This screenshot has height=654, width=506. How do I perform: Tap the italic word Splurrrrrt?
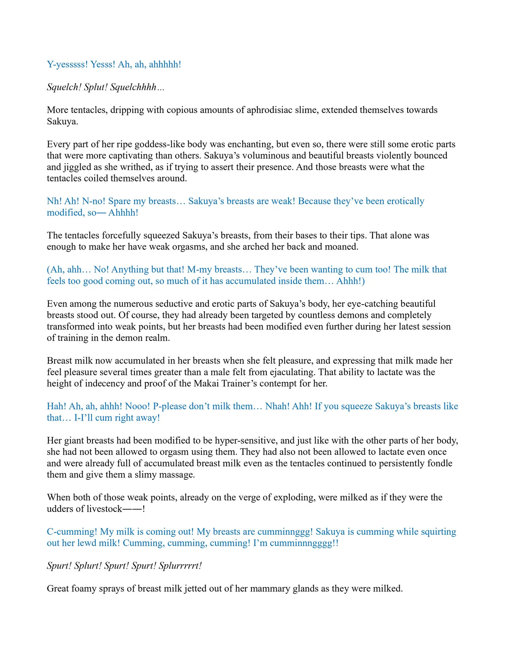point(180,566)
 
